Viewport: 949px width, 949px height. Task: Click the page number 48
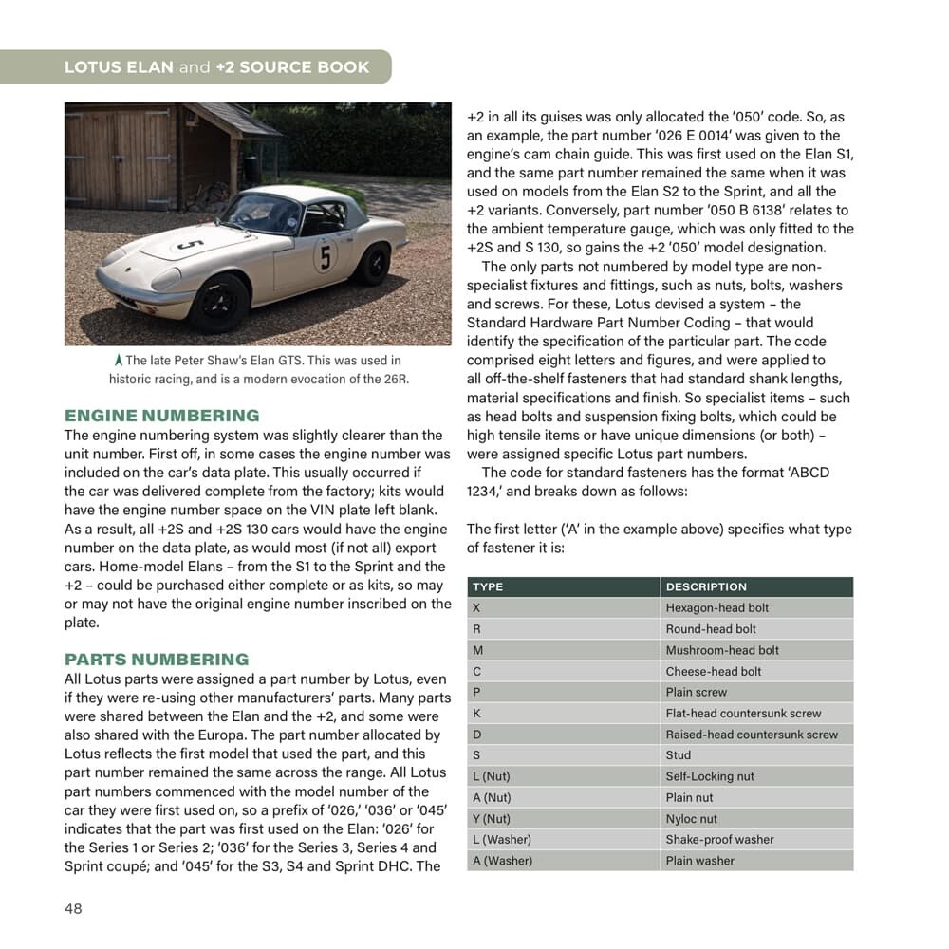click(x=73, y=909)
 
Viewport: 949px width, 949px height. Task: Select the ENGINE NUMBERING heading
click(x=161, y=416)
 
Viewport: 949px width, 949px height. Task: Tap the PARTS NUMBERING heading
click(x=157, y=660)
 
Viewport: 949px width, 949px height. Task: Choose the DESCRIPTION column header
click(x=706, y=587)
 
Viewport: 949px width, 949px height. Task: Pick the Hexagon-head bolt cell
click(x=717, y=608)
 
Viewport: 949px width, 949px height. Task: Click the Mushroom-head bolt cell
click(x=722, y=650)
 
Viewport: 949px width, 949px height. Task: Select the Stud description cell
click(x=679, y=755)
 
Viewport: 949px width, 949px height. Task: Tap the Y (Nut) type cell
click(x=491, y=819)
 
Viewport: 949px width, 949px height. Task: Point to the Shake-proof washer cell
click(x=719, y=840)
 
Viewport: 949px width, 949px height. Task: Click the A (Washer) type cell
click(x=502, y=861)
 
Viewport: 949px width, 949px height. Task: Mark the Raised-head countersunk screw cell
click(x=752, y=735)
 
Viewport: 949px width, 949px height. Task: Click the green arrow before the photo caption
click(x=118, y=361)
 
